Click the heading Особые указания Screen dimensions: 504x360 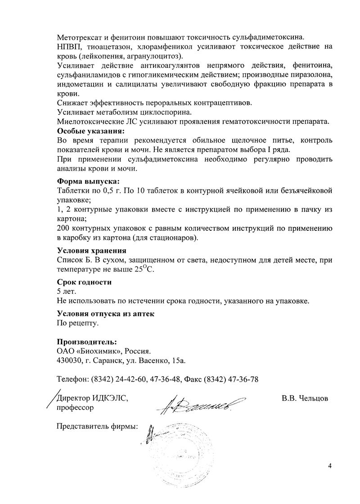[x=90, y=131]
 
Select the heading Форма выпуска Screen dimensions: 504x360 [x=88, y=181]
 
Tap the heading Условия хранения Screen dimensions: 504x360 [x=91, y=251]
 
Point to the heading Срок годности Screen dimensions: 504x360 [x=84, y=282]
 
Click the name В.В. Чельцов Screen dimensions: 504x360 [x=304, y=398]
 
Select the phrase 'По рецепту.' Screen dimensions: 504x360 [x=77, y=323]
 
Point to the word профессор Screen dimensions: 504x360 [x=75, y=408]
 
